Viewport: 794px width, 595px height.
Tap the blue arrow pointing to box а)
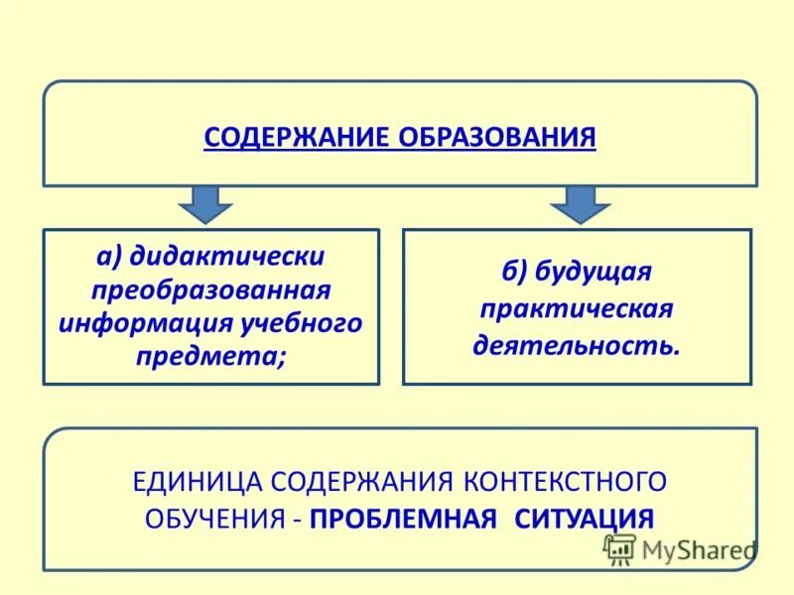[205, 202]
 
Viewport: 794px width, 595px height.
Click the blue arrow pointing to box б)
[581, 202]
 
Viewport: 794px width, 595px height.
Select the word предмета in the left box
[207, 356]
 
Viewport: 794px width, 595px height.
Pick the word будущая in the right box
[593, 273]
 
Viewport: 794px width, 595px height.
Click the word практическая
[577, 309]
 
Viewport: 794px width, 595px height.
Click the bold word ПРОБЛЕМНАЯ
[403, 519]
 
